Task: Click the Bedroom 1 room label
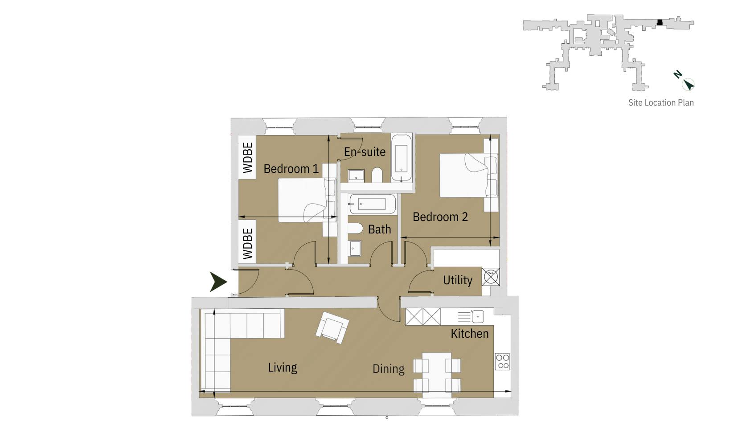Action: click(291, 169)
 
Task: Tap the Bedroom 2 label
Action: click(440, 217)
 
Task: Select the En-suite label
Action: click(365, 152)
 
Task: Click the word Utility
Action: click(457, 280)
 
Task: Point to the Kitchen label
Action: click(469, 334)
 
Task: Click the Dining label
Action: click(388, 369)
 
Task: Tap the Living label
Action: click(282, 368)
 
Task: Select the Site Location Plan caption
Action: click(660, 102)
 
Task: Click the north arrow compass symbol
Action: click(688, 83)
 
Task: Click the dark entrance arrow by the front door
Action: click(218, 282)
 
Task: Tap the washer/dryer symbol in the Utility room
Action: click(491, 277)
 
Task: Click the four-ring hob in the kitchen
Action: click(503, 361)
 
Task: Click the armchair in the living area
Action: click(332, 327)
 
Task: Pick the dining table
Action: click(437, 375)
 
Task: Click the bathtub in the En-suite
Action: click(402, 157)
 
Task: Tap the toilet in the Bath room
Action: click(355, 229)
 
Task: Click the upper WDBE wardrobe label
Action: click(248, 158)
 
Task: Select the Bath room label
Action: click(379, 229)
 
